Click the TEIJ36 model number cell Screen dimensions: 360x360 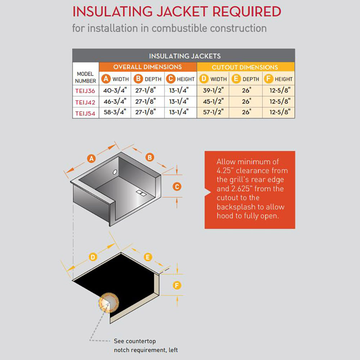(x=86, y=91)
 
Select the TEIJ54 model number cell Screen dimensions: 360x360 (x=86, y=113)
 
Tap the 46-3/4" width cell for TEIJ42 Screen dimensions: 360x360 (x=115, y=102)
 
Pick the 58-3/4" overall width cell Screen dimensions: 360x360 (x=115, y=113)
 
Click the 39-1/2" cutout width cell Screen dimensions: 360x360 (x=213, y=91)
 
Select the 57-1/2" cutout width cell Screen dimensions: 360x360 (x=213, y=113)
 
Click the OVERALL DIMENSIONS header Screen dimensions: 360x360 (x=148, y=67)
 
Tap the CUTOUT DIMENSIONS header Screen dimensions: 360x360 (x=245, y=67)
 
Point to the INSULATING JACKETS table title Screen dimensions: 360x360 (x=185, y=56)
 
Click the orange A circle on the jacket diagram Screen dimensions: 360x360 (x=91, y=158)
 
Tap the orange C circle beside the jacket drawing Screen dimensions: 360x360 (x=177, y=186)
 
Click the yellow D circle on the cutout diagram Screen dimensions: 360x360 (x=93, y=257)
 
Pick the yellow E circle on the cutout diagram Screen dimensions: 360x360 (x=148, y=257)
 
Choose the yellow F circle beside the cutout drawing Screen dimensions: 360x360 (x=177, y=285)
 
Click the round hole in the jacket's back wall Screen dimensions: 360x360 (x=115, y=172)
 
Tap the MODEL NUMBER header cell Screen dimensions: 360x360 (x=86, y=77)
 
